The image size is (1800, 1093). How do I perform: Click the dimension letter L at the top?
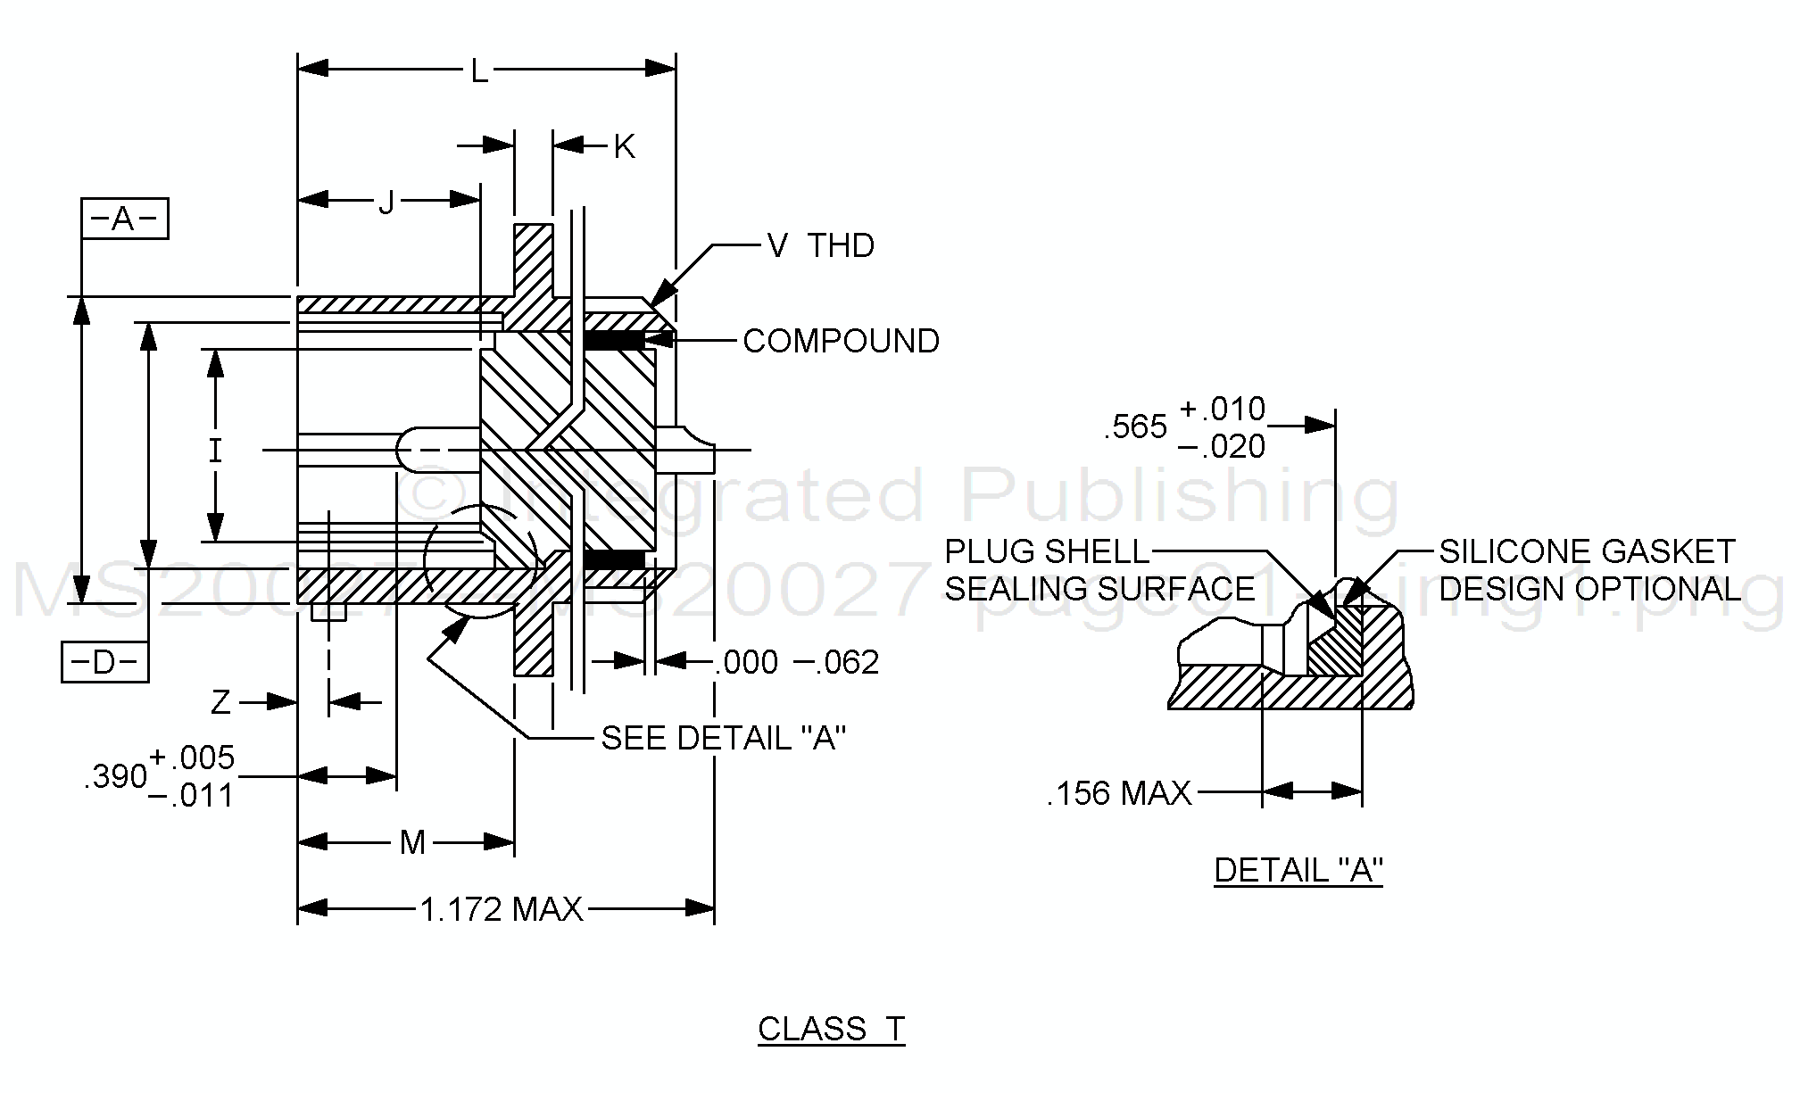tap(480, 71)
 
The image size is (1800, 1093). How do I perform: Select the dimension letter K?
tap(624, 147)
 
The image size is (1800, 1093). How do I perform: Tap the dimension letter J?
tap(386, 203)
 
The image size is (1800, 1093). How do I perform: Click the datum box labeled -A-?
tap(124, 219)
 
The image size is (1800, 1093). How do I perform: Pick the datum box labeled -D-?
tap(104, 662)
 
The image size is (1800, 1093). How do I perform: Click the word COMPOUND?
tap(841, 341)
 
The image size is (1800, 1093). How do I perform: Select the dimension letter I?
tap(215, 451)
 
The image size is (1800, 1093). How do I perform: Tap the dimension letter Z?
tap(220, 703)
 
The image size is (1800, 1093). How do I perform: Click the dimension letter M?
tap(412, 841)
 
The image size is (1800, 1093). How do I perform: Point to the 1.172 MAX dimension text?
tap(501, 909)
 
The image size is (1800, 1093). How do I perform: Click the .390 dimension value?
tap(115, 777)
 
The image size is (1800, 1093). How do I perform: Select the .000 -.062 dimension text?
tap(797, 662)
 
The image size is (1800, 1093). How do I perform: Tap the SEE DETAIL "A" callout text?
tap(723, 738)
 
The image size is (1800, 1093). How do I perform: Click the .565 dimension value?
tap(1135, 427)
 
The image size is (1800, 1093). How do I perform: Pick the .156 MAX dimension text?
tap(1119, 793)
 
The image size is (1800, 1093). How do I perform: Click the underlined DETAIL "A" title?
tap(1298, 870)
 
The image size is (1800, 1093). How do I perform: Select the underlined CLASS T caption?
tap(831, 1029)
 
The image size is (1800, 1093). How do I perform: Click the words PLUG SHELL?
tap(1047, 551)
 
